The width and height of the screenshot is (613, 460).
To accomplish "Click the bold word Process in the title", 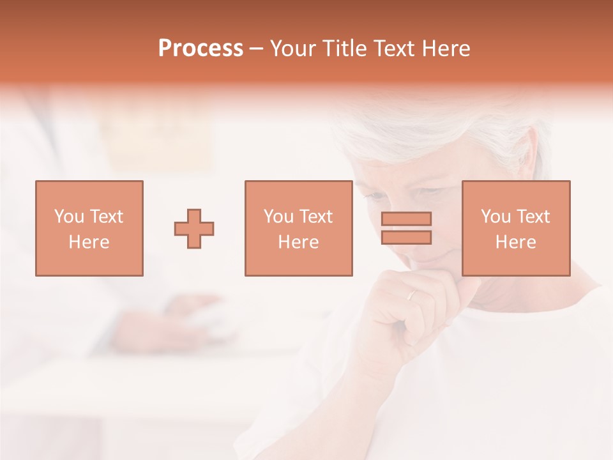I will point(201,49).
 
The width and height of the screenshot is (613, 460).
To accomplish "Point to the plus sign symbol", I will point(194,229).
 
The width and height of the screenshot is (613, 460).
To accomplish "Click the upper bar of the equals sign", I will point(406,218).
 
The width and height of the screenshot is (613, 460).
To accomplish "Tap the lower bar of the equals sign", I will point(406,238).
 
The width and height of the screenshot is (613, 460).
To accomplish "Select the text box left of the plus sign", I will point(89,228).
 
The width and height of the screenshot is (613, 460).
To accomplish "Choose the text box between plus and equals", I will point(298,228).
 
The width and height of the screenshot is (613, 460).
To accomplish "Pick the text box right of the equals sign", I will point(515,228).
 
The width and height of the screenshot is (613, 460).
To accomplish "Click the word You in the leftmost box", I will point(69,217).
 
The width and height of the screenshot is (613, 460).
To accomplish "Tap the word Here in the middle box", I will point(298,242).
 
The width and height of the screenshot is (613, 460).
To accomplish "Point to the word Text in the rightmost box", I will point(533,217).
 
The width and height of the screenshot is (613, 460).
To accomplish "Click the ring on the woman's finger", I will point(412,295).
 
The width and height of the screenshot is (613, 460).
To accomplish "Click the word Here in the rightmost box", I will point(515,242).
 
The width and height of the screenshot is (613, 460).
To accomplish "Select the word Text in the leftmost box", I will point(107,217).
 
